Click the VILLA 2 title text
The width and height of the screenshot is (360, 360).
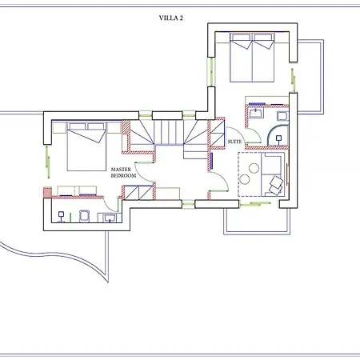tap(171, 18)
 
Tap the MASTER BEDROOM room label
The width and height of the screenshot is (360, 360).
tap(123, 173)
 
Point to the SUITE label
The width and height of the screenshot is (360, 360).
tap(234, 142)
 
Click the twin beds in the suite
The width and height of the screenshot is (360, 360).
tap(252, 58)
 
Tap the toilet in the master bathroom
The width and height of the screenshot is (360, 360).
tap(85, 216)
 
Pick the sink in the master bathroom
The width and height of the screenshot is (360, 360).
tap(110, 218)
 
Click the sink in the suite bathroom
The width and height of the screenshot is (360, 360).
tap(256, 113)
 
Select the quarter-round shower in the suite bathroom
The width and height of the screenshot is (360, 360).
tap(278, 135)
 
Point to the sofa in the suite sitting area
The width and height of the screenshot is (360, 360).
tap(271, 174)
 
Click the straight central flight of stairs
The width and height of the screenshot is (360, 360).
tap(169, 132)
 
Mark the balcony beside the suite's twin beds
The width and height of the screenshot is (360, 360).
tap(310, 77)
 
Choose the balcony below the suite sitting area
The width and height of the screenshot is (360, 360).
tap(257, 222)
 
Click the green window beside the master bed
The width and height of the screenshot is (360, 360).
tap(48, 162)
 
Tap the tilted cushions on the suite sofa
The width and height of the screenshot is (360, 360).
tap(276, 186)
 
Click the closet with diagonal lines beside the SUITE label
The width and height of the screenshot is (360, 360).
tap(218, 134)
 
